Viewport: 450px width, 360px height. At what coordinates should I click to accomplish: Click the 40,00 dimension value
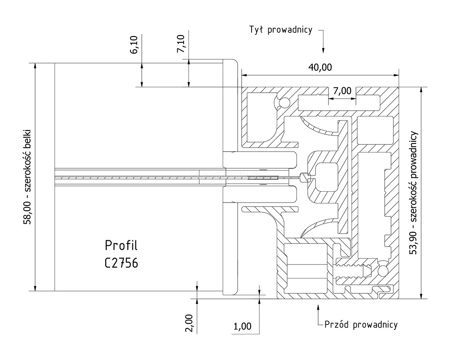(320, 67)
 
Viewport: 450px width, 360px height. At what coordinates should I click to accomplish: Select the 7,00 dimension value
(342, 91)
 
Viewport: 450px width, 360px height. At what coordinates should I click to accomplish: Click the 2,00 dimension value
(189, 323)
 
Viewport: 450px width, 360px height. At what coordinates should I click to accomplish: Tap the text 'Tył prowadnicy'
(281, 30)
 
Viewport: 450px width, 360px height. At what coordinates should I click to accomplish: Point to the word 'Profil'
(121, 246)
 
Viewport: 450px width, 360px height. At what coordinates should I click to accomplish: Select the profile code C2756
(121, 263)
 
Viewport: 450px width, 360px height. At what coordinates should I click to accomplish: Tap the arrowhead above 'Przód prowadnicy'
(318, 308)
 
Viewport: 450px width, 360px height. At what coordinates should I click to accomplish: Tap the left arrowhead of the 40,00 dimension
(244, 74)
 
